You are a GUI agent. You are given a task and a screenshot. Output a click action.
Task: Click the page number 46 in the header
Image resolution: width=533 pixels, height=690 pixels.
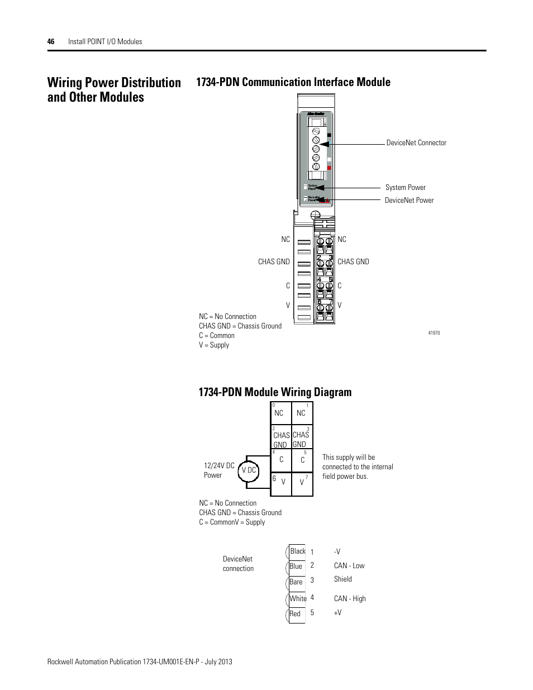[51, 41]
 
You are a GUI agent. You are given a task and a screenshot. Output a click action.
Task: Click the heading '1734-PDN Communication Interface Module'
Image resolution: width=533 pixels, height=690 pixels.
[293, 82]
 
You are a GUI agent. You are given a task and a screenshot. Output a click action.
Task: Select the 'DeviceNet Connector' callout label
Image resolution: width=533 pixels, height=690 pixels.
[416, 143]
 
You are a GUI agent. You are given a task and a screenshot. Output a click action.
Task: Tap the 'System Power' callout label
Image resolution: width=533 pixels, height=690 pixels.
[405, 188]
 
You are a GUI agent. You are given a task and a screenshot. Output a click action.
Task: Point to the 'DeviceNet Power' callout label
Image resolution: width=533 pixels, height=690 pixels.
[409, 201]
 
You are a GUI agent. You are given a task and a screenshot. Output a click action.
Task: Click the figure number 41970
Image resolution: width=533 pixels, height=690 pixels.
[434, 333]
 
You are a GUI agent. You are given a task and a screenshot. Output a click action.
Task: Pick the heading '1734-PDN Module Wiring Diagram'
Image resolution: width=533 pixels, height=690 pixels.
[275, 392]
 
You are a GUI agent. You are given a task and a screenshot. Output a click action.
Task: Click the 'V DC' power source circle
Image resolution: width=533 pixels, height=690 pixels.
[248, 470]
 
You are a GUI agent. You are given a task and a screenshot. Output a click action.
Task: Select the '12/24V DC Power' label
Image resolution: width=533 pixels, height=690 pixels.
[219, 470]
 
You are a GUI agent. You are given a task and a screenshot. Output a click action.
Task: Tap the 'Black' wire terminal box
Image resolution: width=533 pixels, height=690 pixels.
[297, 551]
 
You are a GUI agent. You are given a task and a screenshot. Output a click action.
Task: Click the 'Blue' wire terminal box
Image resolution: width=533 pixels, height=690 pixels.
[296, 567]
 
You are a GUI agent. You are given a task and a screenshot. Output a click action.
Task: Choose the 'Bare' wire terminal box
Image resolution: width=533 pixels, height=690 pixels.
[296, 582]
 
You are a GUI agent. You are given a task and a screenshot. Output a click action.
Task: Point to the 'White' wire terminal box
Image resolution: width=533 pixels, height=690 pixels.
[297, 598]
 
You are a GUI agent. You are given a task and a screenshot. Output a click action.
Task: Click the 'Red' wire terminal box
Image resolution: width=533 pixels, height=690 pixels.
[296, 614]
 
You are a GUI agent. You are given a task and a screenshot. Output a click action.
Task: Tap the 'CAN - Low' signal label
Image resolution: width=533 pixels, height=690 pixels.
[349, 566]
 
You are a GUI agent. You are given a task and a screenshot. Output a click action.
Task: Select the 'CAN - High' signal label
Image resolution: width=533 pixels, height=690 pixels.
[350, 599]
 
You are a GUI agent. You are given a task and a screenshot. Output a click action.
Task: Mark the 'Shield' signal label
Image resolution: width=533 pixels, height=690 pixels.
[343, 579]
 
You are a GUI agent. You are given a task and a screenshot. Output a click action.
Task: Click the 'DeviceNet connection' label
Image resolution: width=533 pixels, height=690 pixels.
[238, 564]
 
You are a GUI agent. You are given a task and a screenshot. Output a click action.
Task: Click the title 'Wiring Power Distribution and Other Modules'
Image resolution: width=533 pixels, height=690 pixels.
[114, 90]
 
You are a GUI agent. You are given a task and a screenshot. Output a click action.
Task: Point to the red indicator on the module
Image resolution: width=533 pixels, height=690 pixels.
[329, 168]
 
